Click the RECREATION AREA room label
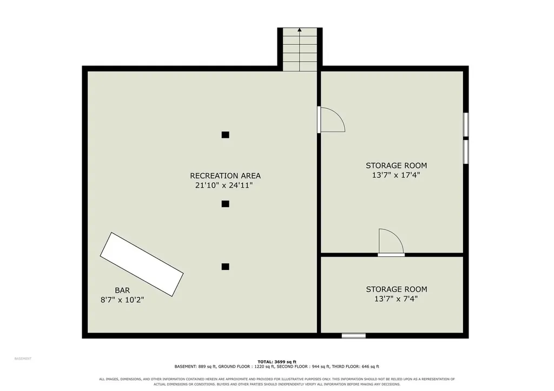tap(226, 176)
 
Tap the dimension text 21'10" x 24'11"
tap(224, 185)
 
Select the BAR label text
tap(122, 290)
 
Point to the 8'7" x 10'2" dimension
tap(122, 300)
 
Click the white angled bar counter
tap(142, 264)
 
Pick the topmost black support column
tap(226, 135)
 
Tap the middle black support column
tap(226, 204)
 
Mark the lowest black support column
tap(226, 267)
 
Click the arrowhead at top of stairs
tap(300, 30)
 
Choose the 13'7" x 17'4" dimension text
tap(396, 175)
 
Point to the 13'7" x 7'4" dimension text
tap(396, 299)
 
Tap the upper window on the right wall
tap(466, 124)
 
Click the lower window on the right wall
tap(466, 152)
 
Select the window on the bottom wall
tap(354, 335)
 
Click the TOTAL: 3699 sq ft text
tap(277, 362)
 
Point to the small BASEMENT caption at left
tap(23, 359)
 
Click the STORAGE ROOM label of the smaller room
tap(397, 289)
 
